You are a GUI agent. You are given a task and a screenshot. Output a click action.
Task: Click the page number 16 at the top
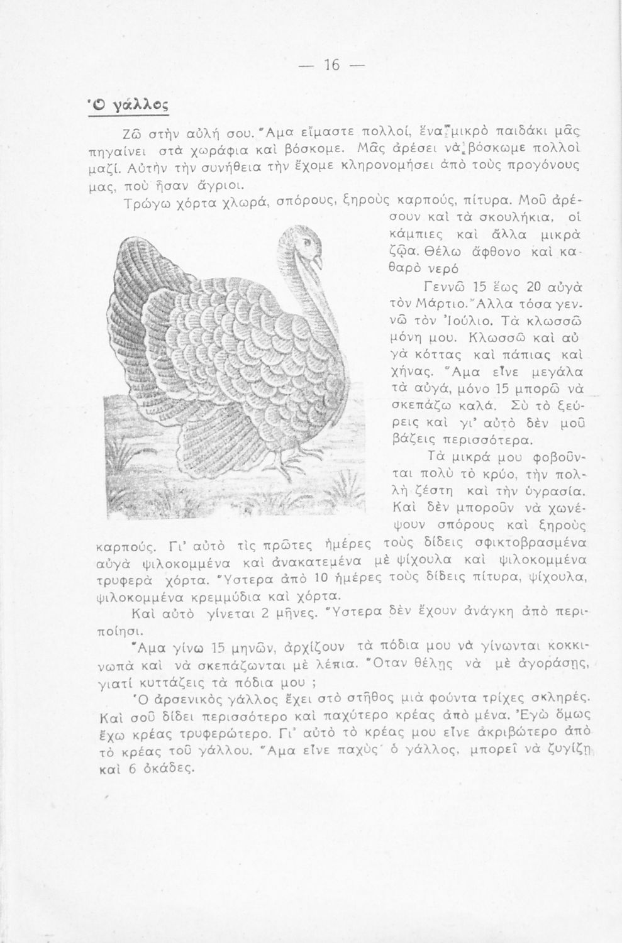pos(331,65)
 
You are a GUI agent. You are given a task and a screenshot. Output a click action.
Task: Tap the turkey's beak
pos(318,259)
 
